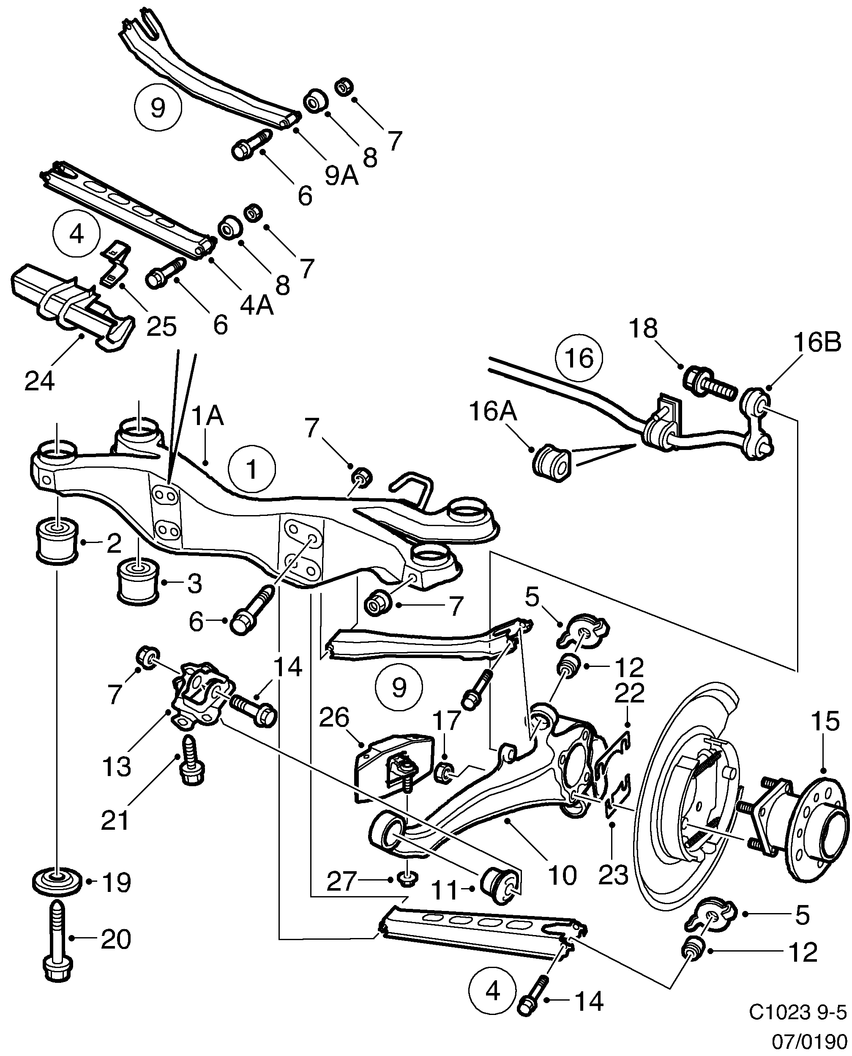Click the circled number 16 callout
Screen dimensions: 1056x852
click(x=579, y=358)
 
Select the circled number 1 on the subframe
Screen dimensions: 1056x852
click(x=252, y=469)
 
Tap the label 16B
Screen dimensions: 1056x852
click(x=816, y=342)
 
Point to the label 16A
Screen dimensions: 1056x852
click(x=493, y=411)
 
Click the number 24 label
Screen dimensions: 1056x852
click(x=39, y=381)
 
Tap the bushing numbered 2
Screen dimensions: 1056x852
click(x=57, y=539)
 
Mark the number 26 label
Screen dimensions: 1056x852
click(x=334, y=718)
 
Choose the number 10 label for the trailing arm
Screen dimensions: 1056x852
click(x=562, y=875)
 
